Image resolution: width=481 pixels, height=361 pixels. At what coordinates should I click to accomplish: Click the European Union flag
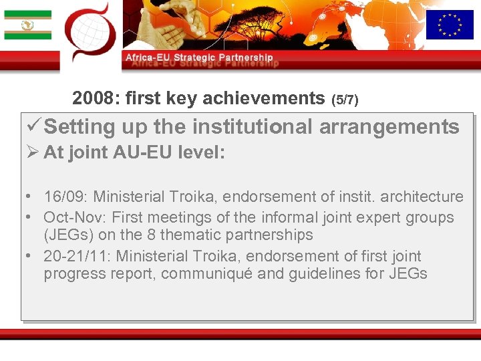click(449, 25)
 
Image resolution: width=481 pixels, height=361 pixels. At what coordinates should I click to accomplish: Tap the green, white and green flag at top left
click(27, 25)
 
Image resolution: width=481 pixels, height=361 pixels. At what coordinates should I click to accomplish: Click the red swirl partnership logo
click(90, 32)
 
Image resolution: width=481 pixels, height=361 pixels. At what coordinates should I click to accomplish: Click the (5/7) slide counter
click(345, 100)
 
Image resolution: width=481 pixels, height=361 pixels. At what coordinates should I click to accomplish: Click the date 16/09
click(64, 197)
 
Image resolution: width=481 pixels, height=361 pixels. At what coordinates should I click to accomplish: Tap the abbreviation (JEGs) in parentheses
click(67, 235)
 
